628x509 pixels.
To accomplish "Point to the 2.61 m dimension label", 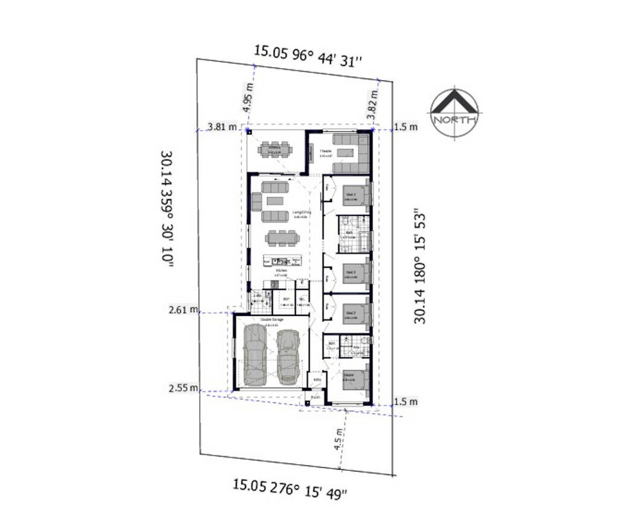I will (x=184, y=310).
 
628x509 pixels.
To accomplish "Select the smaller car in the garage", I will (x=288, y=354).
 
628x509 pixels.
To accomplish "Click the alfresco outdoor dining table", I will (x=275, y=148).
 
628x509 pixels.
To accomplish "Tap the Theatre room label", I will (x=326, y=151).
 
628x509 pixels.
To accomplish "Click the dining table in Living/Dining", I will (x=282, y=237).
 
